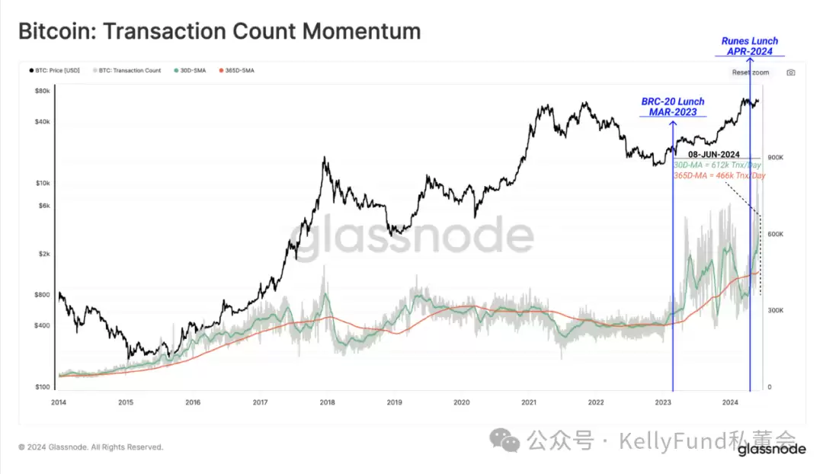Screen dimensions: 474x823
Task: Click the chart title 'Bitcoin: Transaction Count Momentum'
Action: point(219,32)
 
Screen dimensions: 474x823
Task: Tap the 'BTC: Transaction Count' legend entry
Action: point(129,71)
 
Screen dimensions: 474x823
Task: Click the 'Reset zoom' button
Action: point(751,72)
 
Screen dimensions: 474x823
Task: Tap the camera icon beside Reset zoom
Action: point(791,72)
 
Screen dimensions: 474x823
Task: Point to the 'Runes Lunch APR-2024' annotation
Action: point(750,46)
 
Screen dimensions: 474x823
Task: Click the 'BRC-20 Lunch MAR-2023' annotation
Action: point(673,107)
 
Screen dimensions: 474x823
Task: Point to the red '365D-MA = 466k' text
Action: point(719,175)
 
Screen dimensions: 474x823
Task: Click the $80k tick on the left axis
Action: point(43,91)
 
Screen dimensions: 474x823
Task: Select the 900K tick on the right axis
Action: point(776,157)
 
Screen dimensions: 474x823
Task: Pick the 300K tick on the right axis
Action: point(776,311)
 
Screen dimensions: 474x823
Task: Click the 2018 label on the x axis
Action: point(327,402)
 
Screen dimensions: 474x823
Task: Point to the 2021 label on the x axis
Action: point(529,402)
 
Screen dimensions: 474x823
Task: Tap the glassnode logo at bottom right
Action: point(771,450)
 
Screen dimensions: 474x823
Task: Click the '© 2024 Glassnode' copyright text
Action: point(91,447)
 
